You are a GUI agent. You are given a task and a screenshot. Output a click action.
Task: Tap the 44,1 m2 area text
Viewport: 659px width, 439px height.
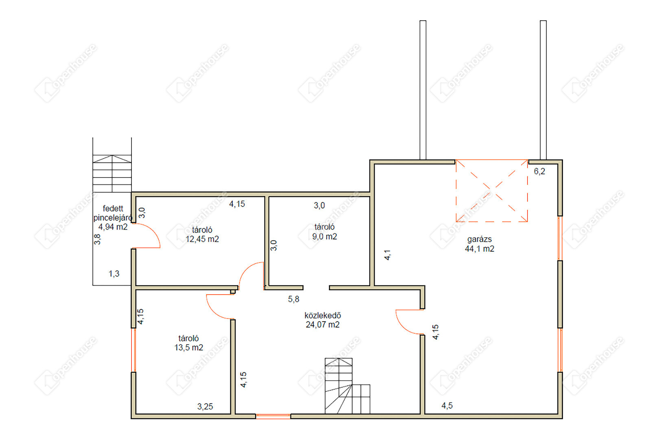(x=479, y=249)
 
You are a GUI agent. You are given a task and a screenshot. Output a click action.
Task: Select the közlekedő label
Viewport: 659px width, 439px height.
(x=323, y=315)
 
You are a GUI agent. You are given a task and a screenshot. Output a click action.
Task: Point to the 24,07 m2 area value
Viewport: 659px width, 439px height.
(x=323, y=325)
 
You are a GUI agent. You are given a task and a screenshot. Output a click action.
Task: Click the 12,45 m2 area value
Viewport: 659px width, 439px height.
(x=202, y=239)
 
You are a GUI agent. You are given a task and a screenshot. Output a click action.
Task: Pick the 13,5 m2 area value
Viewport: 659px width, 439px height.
(x=189, y=348)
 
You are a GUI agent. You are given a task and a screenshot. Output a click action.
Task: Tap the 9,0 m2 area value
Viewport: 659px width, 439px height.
(x=325, y=237)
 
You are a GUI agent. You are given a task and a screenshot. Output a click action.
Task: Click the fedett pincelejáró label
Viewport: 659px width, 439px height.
(x=113, y=213)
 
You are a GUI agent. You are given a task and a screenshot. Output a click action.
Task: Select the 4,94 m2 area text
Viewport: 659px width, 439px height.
(x=113, y=227)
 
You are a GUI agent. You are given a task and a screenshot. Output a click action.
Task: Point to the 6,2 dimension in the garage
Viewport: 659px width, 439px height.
(x=539, y=172)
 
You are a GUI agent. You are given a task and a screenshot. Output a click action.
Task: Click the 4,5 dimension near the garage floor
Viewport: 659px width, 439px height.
(x=447, y=406)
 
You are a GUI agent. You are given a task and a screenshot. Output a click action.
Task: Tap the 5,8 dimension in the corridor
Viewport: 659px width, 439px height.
(x=293, y=299)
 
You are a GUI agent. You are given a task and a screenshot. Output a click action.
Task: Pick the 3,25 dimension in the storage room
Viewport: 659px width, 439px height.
(x=205, y=406)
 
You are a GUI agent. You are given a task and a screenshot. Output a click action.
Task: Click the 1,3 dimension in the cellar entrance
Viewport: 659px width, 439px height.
(x=114, y=274)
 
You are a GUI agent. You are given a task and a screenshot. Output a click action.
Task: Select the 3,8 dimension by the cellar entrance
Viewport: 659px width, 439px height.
(x=97, y=239)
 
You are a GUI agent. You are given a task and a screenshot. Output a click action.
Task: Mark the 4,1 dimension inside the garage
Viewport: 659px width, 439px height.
(x=388, y=255)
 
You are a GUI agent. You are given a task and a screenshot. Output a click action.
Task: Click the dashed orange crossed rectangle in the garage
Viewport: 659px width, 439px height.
(x=491, y=191)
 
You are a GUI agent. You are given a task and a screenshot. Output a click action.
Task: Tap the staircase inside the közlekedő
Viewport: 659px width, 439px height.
(x=347, y=386)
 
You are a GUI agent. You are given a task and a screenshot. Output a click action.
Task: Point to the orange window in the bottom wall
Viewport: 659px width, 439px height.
(x=273, y=416)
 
